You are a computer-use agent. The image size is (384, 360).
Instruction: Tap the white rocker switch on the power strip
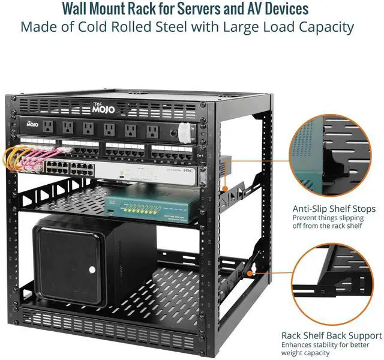pyautogui.click(x=191, y=127)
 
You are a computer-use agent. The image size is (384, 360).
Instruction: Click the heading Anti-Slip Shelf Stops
pyautogui.click(x=334, y=208)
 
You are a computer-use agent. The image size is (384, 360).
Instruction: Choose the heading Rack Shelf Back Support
pyautogui.click(x=332, y=335)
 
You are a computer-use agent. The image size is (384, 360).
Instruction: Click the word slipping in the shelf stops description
pyautogui.click(x=347, y=218)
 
